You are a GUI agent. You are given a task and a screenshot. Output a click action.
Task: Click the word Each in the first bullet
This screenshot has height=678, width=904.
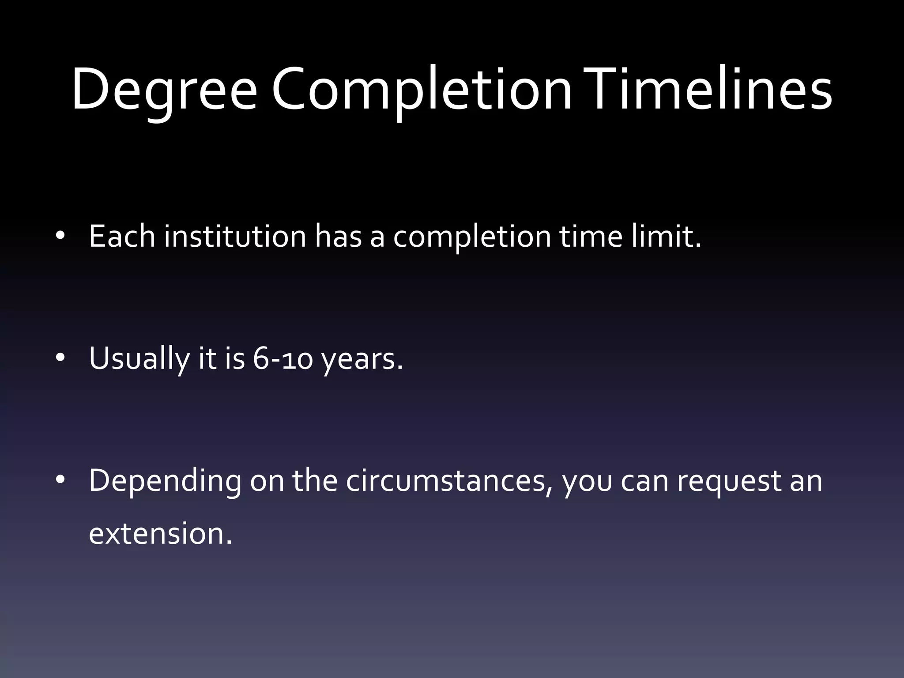pos(122,236)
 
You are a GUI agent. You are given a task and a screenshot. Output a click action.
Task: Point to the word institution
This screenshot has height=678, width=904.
pos(235,236)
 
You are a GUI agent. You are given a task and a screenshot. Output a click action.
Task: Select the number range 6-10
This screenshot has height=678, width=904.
pos(282,358)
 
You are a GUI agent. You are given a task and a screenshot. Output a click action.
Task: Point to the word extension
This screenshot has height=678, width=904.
pos(160,533)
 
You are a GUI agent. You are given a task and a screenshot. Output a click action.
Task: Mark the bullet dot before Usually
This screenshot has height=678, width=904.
pos(60,358)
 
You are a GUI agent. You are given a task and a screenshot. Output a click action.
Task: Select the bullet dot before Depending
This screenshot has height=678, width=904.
pos(60,479)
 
